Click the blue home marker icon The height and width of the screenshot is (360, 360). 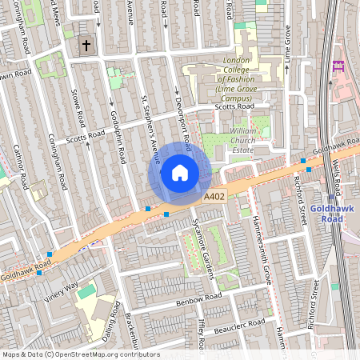(180, 172)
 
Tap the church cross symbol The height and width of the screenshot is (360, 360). (86, 46)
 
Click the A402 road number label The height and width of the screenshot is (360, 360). (214, 197)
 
